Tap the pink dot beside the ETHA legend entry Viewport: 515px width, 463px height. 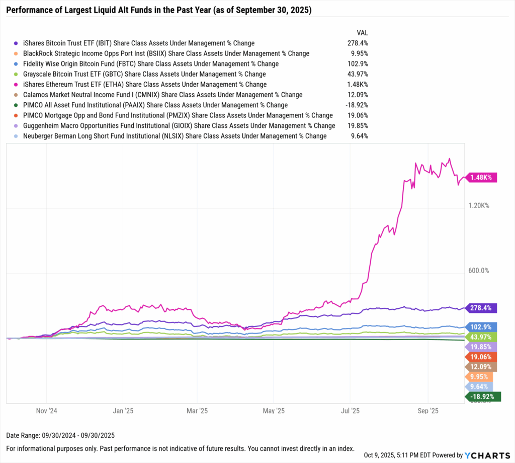16,85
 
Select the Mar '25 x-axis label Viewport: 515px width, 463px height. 198,411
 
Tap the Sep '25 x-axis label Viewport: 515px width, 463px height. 428,411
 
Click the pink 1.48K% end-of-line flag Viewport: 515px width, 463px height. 482,177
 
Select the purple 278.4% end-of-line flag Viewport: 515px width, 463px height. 482,308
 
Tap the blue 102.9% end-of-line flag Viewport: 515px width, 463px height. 482,327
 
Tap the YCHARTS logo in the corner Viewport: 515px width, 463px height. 487,455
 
